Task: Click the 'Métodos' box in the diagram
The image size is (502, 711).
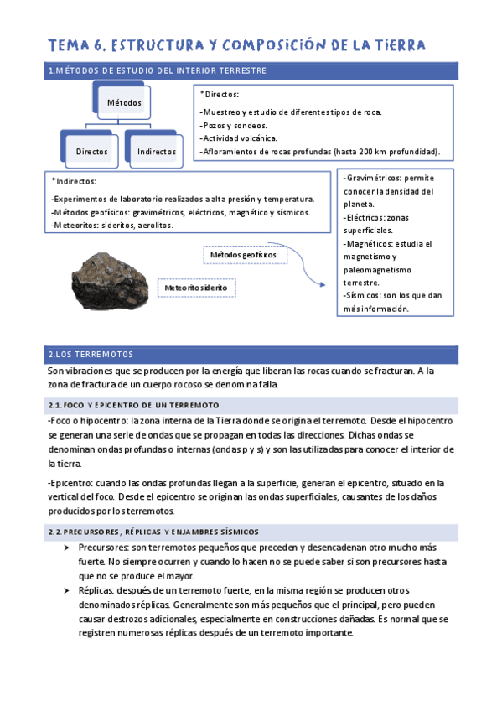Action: click(x=123, y=102)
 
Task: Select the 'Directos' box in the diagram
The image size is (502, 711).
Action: click(x=91, y=151)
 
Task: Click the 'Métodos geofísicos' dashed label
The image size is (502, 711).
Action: click(x=244, y=254)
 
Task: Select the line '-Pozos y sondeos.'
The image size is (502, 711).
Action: click(x=230, y=125)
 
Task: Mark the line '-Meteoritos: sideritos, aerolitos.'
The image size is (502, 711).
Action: click(x=112, y=225)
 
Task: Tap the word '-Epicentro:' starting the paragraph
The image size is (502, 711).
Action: click(x=73, y=483)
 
